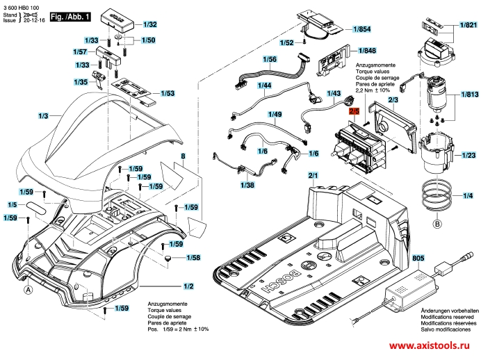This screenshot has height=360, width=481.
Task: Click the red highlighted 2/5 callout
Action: click(353, 111)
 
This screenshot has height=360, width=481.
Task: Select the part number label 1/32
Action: click(149, 24)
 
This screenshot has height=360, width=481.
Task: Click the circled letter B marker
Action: click(437, 224)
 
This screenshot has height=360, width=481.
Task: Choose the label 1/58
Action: click(193, 258)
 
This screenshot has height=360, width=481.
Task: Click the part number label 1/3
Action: click(43, 115)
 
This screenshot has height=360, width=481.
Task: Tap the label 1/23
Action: click(468, 157)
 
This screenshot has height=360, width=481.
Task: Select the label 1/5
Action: click(13, 205)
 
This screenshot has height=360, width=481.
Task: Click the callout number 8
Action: click(184, 157)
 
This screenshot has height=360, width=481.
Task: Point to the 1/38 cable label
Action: click(247, 186)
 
